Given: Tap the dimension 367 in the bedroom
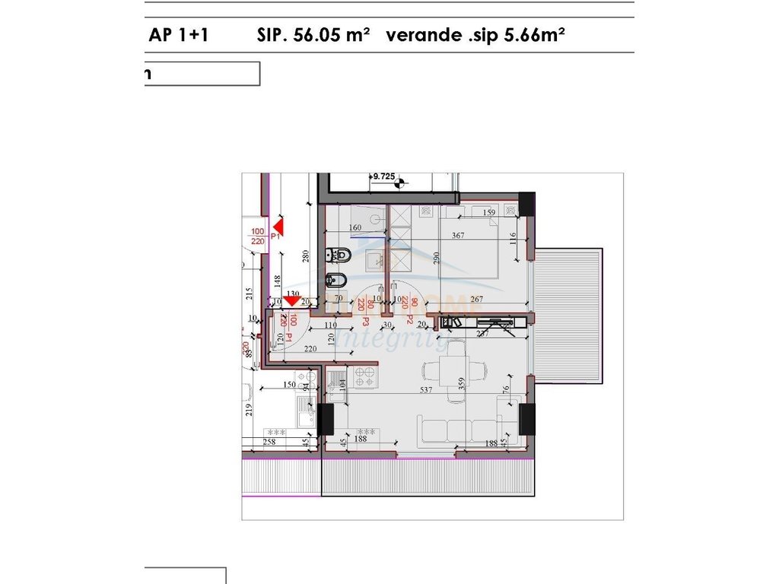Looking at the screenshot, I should coord(457,236).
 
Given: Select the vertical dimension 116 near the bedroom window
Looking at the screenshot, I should coord(514,239).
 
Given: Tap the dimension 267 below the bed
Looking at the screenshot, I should coord(477,299).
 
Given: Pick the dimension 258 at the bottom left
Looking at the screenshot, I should coord(269,441).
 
